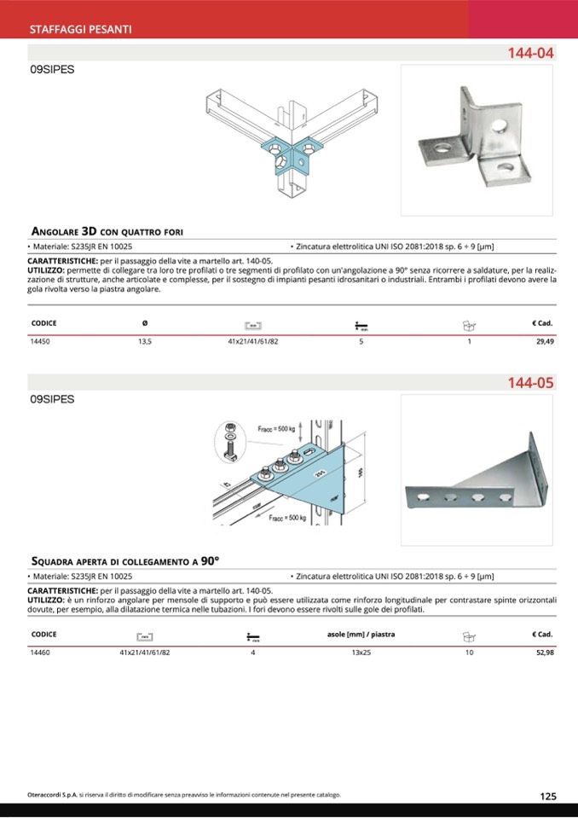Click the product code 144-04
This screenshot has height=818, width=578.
point(531,53)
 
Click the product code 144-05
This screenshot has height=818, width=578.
point(531,383)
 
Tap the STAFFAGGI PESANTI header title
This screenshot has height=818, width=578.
point(80,29)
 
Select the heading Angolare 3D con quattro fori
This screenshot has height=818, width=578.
point(107,231)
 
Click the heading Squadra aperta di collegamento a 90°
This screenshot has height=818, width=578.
point(124,561)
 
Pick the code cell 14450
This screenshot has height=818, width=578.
point(40,341)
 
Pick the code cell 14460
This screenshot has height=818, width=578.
point(40,653)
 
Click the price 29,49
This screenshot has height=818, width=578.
point(545,341)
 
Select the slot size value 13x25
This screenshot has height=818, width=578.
point(361,653)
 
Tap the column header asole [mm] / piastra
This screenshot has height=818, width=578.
point(361,635)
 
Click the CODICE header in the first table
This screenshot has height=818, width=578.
point(43,323)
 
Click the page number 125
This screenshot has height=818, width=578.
point(548,797)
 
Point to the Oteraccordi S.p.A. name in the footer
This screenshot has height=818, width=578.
point(53,795)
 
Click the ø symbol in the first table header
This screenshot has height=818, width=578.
point(144,323)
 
